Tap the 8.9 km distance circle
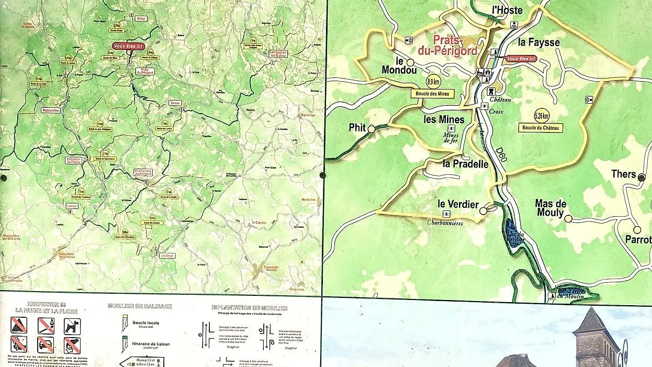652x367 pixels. (433, 82)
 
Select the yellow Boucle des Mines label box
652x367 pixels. (432, 94)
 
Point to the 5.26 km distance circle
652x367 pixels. (542, 116)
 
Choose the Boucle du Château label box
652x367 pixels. (541, 128)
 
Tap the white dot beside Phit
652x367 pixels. (372, 129)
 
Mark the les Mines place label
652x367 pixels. (444, 119)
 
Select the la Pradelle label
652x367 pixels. (465, 164)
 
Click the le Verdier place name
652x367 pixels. (458, 204)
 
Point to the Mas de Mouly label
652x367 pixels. (549, 208)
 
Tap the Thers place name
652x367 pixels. (623, 174)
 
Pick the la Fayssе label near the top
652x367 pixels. (539, 42)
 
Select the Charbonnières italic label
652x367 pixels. (445, 223)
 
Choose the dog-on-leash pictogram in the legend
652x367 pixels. (72, 326)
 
